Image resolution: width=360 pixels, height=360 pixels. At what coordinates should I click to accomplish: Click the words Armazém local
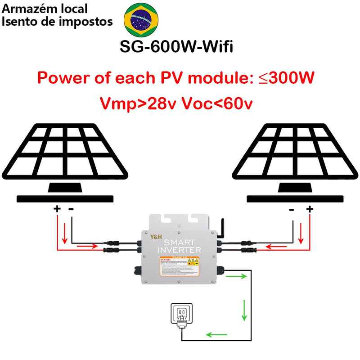[45, 9]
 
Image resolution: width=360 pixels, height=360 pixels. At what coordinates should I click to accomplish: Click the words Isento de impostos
[57, 21]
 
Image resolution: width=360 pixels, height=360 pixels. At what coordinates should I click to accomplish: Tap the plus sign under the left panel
[57, 209]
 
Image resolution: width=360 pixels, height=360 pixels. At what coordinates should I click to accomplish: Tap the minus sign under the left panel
[71, 209]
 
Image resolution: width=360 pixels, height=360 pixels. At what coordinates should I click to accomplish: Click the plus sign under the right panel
[309, 209]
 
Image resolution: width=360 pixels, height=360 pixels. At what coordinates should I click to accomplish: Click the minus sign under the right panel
[292, 209]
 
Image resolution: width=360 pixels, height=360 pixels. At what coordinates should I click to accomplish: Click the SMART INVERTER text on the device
[180, 246]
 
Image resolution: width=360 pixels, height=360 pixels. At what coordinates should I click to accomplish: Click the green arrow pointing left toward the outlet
[216, 334]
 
